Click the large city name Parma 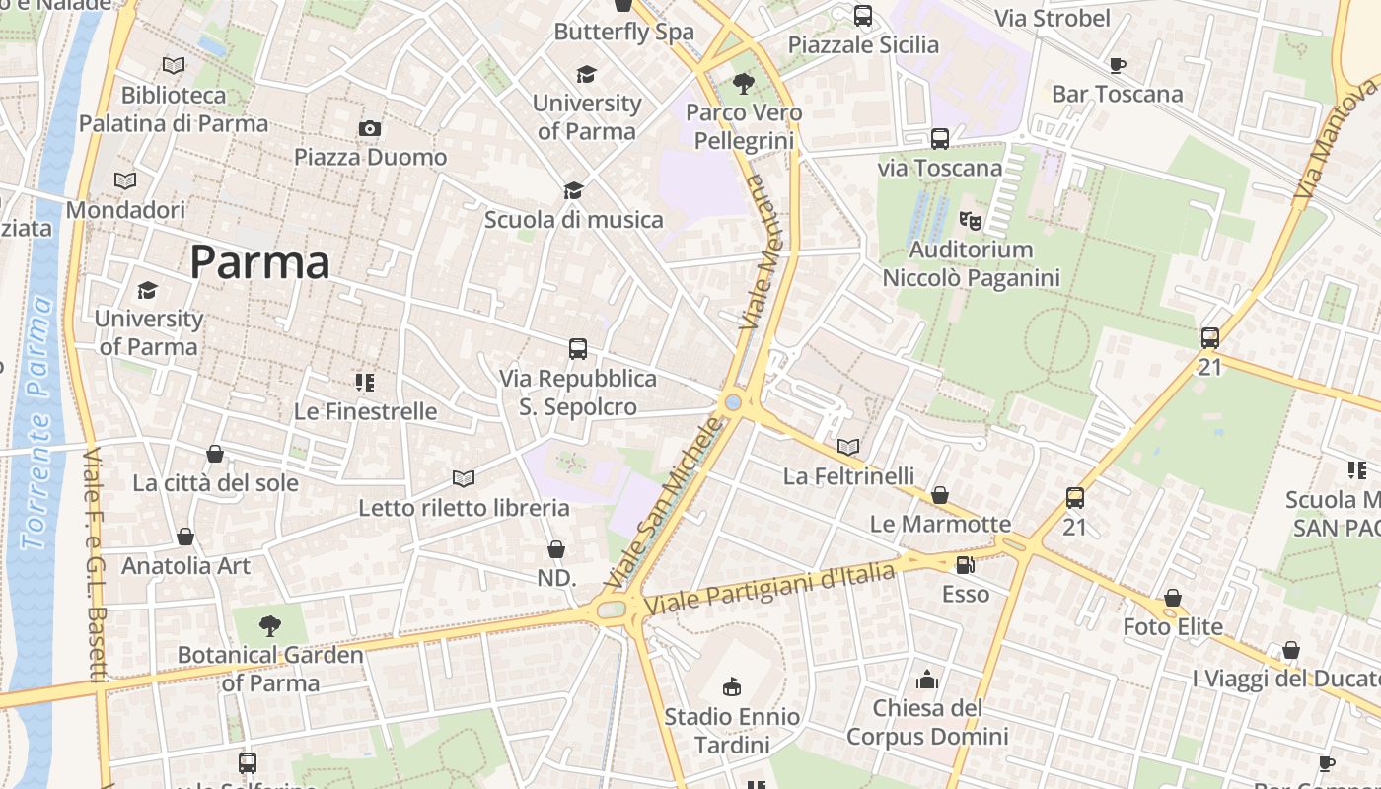259,262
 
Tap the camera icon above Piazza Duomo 370,128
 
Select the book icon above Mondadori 125,181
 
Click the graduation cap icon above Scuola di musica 573,190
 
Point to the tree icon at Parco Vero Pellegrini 744,84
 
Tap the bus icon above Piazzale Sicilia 863,16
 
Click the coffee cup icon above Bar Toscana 1117,65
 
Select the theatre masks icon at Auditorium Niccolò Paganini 971,221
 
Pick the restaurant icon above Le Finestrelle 365,383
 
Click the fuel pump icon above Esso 966,565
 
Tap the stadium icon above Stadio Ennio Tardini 732,686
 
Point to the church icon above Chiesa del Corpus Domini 927,679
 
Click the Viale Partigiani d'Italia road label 769,589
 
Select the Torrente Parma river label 37,424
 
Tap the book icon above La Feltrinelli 848,447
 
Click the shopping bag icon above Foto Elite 1173,598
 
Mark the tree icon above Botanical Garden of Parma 270,625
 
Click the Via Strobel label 1052,18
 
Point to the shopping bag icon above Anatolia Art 185,537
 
